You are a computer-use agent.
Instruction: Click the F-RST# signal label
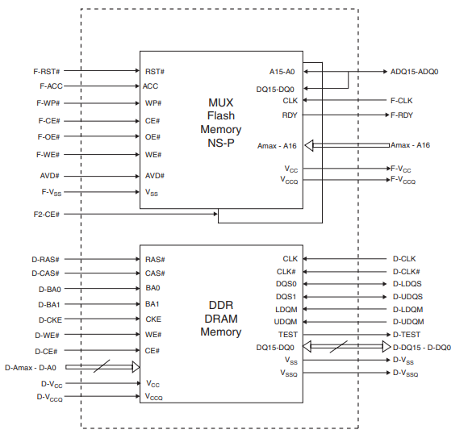pos(47,72)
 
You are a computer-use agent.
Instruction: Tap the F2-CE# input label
pos(47,215)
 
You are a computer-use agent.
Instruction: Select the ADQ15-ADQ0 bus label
pos(414,72)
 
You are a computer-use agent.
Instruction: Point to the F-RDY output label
pos(402,115)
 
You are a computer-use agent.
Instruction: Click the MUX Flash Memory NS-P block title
pos(221,123)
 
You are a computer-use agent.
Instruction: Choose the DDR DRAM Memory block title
pos(221,319)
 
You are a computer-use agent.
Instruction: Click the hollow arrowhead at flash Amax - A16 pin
pos(309,145)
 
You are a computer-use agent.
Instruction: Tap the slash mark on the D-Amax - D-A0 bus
pos(102,366)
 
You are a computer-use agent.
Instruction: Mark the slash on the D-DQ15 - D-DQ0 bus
pos(338,347)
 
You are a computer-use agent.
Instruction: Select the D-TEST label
pos(407,335)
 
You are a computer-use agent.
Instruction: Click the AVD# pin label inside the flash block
pos(155,176)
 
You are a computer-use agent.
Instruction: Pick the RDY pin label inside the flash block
pos(290,115)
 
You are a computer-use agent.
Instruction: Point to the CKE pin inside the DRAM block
pos(153,319)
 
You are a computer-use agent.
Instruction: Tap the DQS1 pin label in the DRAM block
pos(286,297)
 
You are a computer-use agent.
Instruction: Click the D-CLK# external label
pos(407,272)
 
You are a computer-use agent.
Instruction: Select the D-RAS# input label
pos(45,260)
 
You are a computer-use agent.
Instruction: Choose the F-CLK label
pos(402,101)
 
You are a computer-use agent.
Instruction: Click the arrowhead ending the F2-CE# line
pos(215,214)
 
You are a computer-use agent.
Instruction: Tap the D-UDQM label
pos(408,322)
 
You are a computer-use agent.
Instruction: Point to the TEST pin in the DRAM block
pos(288,335)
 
